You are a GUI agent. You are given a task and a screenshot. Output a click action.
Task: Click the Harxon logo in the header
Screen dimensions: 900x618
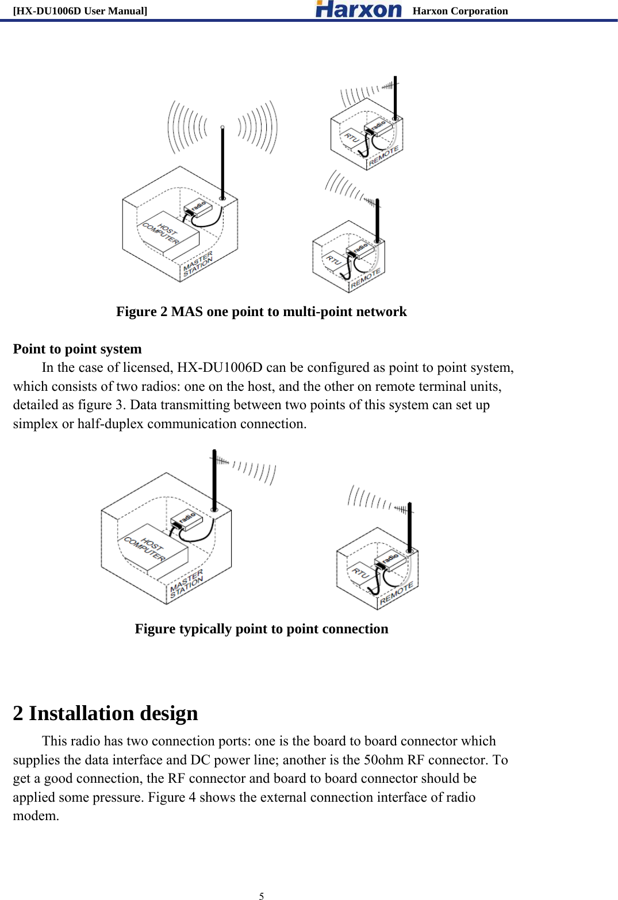tap(358, 9)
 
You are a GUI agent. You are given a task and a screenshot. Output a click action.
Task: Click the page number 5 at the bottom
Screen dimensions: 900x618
tap(262, 895)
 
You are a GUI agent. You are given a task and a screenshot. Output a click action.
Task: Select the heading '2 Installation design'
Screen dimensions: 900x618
tap(105, 713)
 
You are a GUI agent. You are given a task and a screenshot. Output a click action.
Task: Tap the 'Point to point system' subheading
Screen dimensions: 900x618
tap(77, 349)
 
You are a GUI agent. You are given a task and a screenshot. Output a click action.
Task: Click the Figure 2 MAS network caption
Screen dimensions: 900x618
tap(261, 311)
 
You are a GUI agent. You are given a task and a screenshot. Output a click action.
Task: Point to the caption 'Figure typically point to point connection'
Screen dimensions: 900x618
tap(261, 629)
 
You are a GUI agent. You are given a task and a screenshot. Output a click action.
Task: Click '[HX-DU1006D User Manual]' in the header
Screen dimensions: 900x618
tap(80, 11)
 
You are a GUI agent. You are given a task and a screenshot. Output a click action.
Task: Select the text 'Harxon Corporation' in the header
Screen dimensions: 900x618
tap(460, 11)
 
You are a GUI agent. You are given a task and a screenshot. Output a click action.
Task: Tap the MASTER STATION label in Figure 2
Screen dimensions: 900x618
tap(198, 264)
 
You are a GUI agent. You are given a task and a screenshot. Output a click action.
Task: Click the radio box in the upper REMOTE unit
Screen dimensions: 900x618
tap(378, 125)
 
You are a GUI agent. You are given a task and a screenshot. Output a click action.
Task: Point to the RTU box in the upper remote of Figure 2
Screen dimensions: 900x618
tap(351, 138)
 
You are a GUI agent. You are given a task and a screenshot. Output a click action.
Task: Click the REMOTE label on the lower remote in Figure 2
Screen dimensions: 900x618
tap(366, 279)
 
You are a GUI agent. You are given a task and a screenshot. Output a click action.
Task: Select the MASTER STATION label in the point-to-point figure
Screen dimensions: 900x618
tap(186, 583)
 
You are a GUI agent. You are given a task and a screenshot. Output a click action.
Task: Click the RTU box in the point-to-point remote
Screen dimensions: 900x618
tap(360, 572)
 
